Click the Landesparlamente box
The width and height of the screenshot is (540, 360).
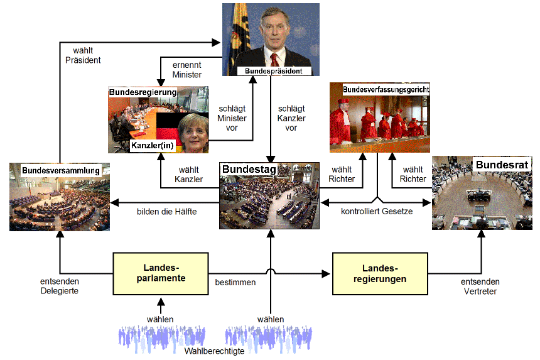tap(160, 273)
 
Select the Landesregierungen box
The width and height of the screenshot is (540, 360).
tap(379, 273)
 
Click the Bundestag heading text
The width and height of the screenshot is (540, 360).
tap(244, 168)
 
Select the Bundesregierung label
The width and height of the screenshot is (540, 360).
tap(143, 92)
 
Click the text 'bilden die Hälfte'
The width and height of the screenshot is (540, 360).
tap(166, 212)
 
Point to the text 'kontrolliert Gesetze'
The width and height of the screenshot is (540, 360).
tap(377, 212)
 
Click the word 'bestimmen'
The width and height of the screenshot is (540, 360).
tap(235, 282)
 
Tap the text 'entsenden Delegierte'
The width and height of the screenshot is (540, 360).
tap(60, 286)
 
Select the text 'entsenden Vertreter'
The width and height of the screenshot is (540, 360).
tap(480, 286)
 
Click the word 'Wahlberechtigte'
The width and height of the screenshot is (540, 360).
tap(214, 351)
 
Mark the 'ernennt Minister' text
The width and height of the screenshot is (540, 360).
tap(187, 69)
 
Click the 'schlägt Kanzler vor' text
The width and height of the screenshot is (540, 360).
tap(291, 117)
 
